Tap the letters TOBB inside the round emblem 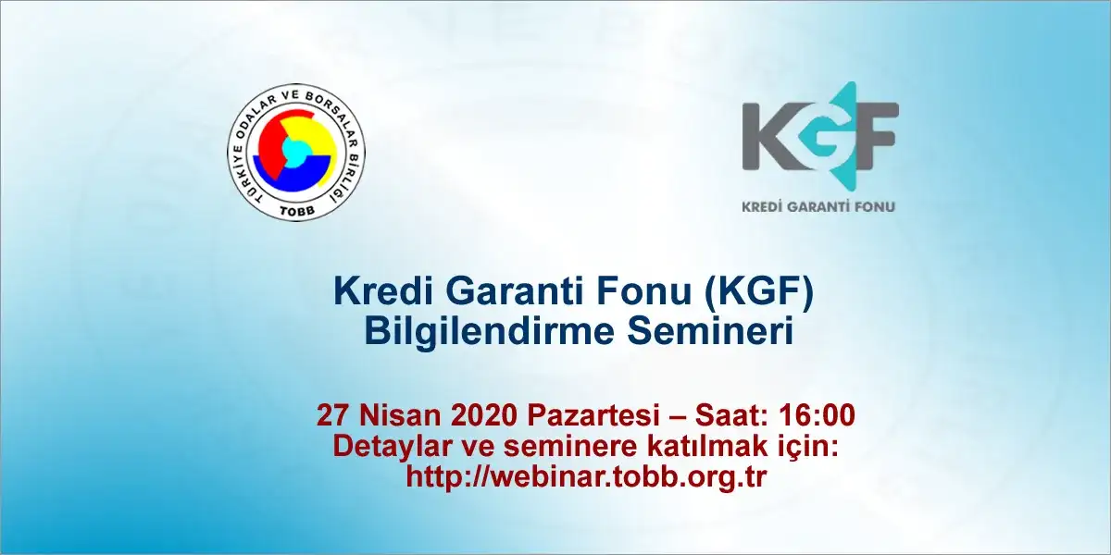click(x=295, y=209)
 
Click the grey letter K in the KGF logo click(x=771, y=135)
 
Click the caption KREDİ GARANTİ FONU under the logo click(x=818, y=206)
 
